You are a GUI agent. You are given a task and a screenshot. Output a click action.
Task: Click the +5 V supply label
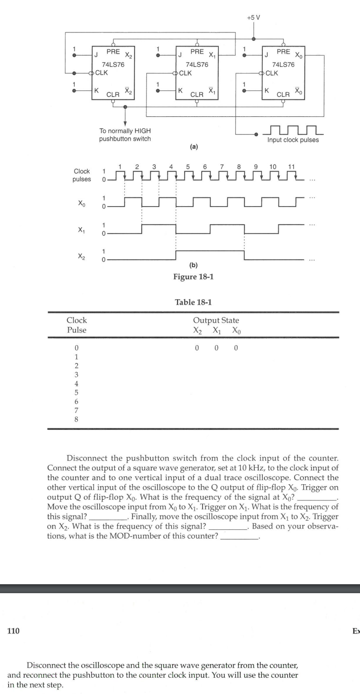(254, 17)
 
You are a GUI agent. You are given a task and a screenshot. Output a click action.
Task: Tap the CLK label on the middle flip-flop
(185, 73)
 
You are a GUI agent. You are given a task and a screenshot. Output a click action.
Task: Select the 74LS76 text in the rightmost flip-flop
(283, 65)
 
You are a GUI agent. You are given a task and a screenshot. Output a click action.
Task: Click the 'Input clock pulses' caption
(293, 140)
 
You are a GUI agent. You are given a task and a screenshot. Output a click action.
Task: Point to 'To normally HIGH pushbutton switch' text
(125, 135)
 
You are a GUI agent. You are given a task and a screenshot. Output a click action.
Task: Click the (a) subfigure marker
(194, 147)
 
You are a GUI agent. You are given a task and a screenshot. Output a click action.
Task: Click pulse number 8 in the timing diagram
(239, 166)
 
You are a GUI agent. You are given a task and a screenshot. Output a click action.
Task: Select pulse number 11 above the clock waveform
(291, 166)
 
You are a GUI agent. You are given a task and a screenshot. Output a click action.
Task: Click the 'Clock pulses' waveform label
(81, 175)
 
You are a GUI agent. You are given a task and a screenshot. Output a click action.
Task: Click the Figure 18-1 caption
(193, 277)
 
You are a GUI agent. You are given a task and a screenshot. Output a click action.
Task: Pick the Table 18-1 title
(193, 302)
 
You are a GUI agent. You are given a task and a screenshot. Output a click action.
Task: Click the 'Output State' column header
(216, 320)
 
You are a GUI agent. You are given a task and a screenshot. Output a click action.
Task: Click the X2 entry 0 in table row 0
(197, 348)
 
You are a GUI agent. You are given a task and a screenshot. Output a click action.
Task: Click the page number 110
(13, 642)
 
